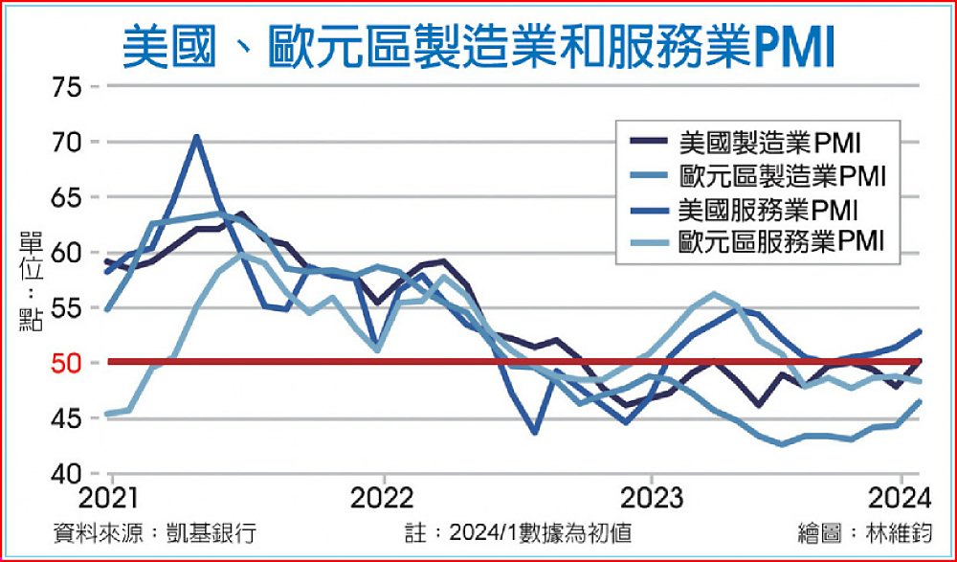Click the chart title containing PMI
pyautogui.click(x=478, y=45)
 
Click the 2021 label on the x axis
pyautogui.click(x=112, y=498)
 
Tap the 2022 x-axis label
pyautogui.click(x=383, y=498)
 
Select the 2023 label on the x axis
pyautogui.click(x=651, y=498)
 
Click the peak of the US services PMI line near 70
pyautogui.click(x=196, y=136)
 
